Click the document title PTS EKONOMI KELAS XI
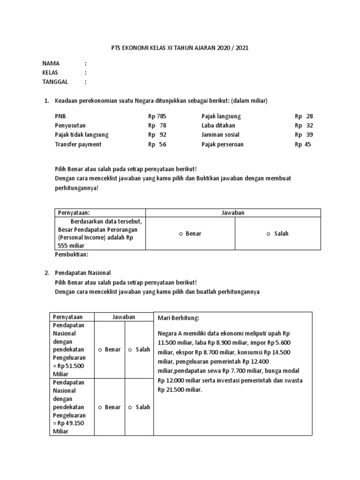tap(180, 48)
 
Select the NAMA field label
tap(51, 63)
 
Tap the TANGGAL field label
tap(55, 82)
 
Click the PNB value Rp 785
tap(157, 116)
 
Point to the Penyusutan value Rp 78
tap(157, 126)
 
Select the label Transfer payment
tap(78, 144)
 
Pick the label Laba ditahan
tap(218, 126)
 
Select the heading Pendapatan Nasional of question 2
tap(82, 272)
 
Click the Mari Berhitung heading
tap(179, 318)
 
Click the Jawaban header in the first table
tap(233, 213)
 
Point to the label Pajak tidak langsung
tap(82, 135)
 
